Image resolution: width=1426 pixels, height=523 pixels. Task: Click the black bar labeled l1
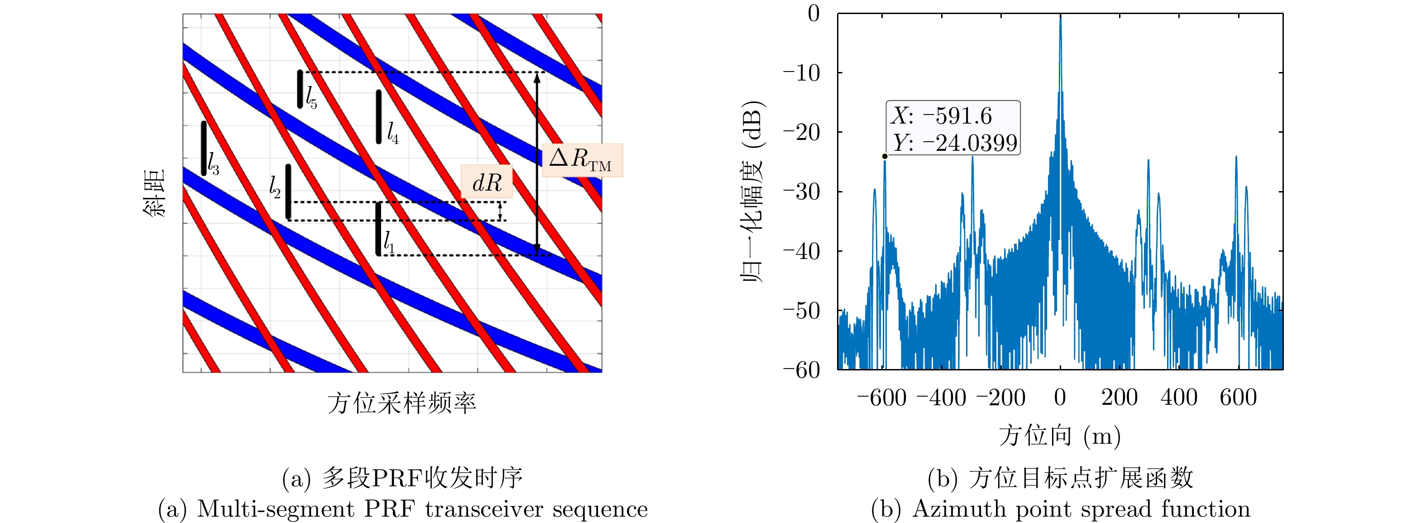point(378,229)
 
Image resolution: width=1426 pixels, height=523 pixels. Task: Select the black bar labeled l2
point(288,192)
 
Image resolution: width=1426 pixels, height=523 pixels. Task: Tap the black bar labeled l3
point(204,149)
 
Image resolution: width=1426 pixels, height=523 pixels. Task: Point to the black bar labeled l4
point(378,117)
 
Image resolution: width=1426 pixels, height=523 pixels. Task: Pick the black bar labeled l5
point(300,89)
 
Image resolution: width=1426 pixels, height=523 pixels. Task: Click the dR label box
point(487,182)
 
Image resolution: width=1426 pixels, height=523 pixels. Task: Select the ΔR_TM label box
point(582,160)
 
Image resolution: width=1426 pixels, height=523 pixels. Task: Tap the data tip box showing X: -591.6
point(952,128)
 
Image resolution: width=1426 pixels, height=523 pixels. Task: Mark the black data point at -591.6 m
point(885,156)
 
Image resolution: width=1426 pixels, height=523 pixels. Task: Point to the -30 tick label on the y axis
point(801,192)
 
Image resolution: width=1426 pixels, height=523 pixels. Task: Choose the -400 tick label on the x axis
point(941,398)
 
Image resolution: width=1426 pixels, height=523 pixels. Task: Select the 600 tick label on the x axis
point(1238,398)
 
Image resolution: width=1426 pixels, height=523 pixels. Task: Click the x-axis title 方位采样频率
point(402,403)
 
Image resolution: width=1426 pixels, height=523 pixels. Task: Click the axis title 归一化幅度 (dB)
point(753,192)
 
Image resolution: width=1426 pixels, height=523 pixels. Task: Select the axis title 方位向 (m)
point(1059,436)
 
